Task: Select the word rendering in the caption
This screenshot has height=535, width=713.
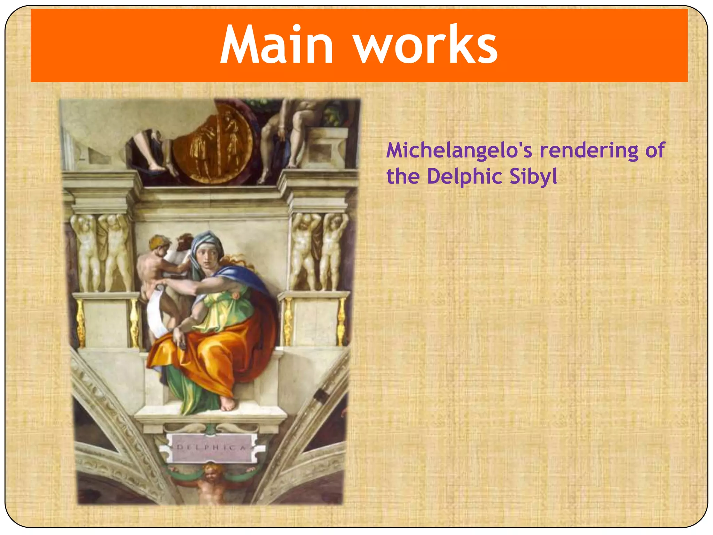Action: click(589, 150)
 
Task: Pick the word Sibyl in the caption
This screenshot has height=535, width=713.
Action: click(533, 176)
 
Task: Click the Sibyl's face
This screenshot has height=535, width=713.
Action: click(207, 256)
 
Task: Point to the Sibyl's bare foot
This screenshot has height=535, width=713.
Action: click(228, 404)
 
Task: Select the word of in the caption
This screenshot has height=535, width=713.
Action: click(655, 150)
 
